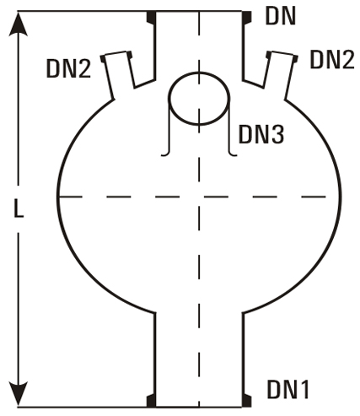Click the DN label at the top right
281,17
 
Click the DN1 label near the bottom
288,390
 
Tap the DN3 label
261,134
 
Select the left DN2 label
68,69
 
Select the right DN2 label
332,59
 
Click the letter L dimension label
19,209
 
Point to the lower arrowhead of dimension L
19,394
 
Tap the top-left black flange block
151,17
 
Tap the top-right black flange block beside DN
247,17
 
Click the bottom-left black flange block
151,401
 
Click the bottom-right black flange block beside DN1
247,401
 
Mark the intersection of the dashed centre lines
199,197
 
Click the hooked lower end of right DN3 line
233,154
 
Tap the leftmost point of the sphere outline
58,197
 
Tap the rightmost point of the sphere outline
340,197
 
